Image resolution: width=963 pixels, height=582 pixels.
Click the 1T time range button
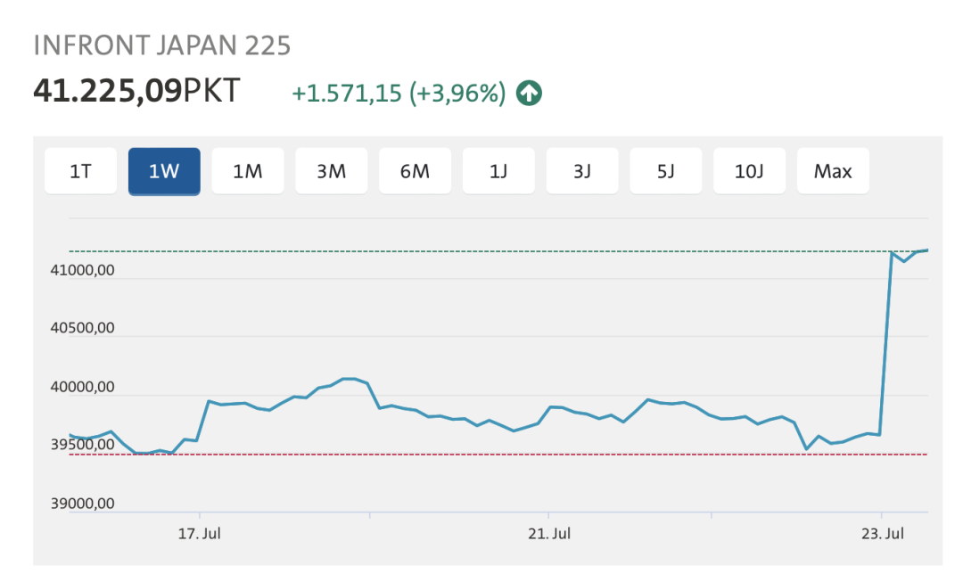[80, 171]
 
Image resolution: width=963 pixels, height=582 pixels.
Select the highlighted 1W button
[164, 171]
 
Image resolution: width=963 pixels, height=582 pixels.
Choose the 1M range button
[248, 171]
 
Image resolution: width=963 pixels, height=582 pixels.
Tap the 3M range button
[332, 171]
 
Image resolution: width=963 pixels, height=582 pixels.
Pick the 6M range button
[416, 171]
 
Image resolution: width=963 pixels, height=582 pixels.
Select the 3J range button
[582, 171]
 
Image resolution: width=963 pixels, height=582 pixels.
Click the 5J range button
[666, 171]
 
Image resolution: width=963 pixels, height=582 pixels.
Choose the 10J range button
[750, 171]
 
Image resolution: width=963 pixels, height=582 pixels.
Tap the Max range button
[833, 171]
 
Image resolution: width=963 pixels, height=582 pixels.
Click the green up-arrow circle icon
[530, 93]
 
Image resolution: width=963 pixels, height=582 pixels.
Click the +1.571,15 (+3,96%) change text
[399, 93]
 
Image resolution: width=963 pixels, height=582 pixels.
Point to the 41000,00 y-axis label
[82, 271]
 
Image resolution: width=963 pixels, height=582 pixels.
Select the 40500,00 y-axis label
[82, 329]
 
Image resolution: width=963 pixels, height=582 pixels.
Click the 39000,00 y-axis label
[82, 504]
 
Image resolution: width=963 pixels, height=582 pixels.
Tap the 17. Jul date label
[200, 534]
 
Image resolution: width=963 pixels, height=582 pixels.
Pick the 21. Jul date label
[549, 534]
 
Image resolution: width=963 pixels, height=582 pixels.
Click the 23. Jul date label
[883, 534]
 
